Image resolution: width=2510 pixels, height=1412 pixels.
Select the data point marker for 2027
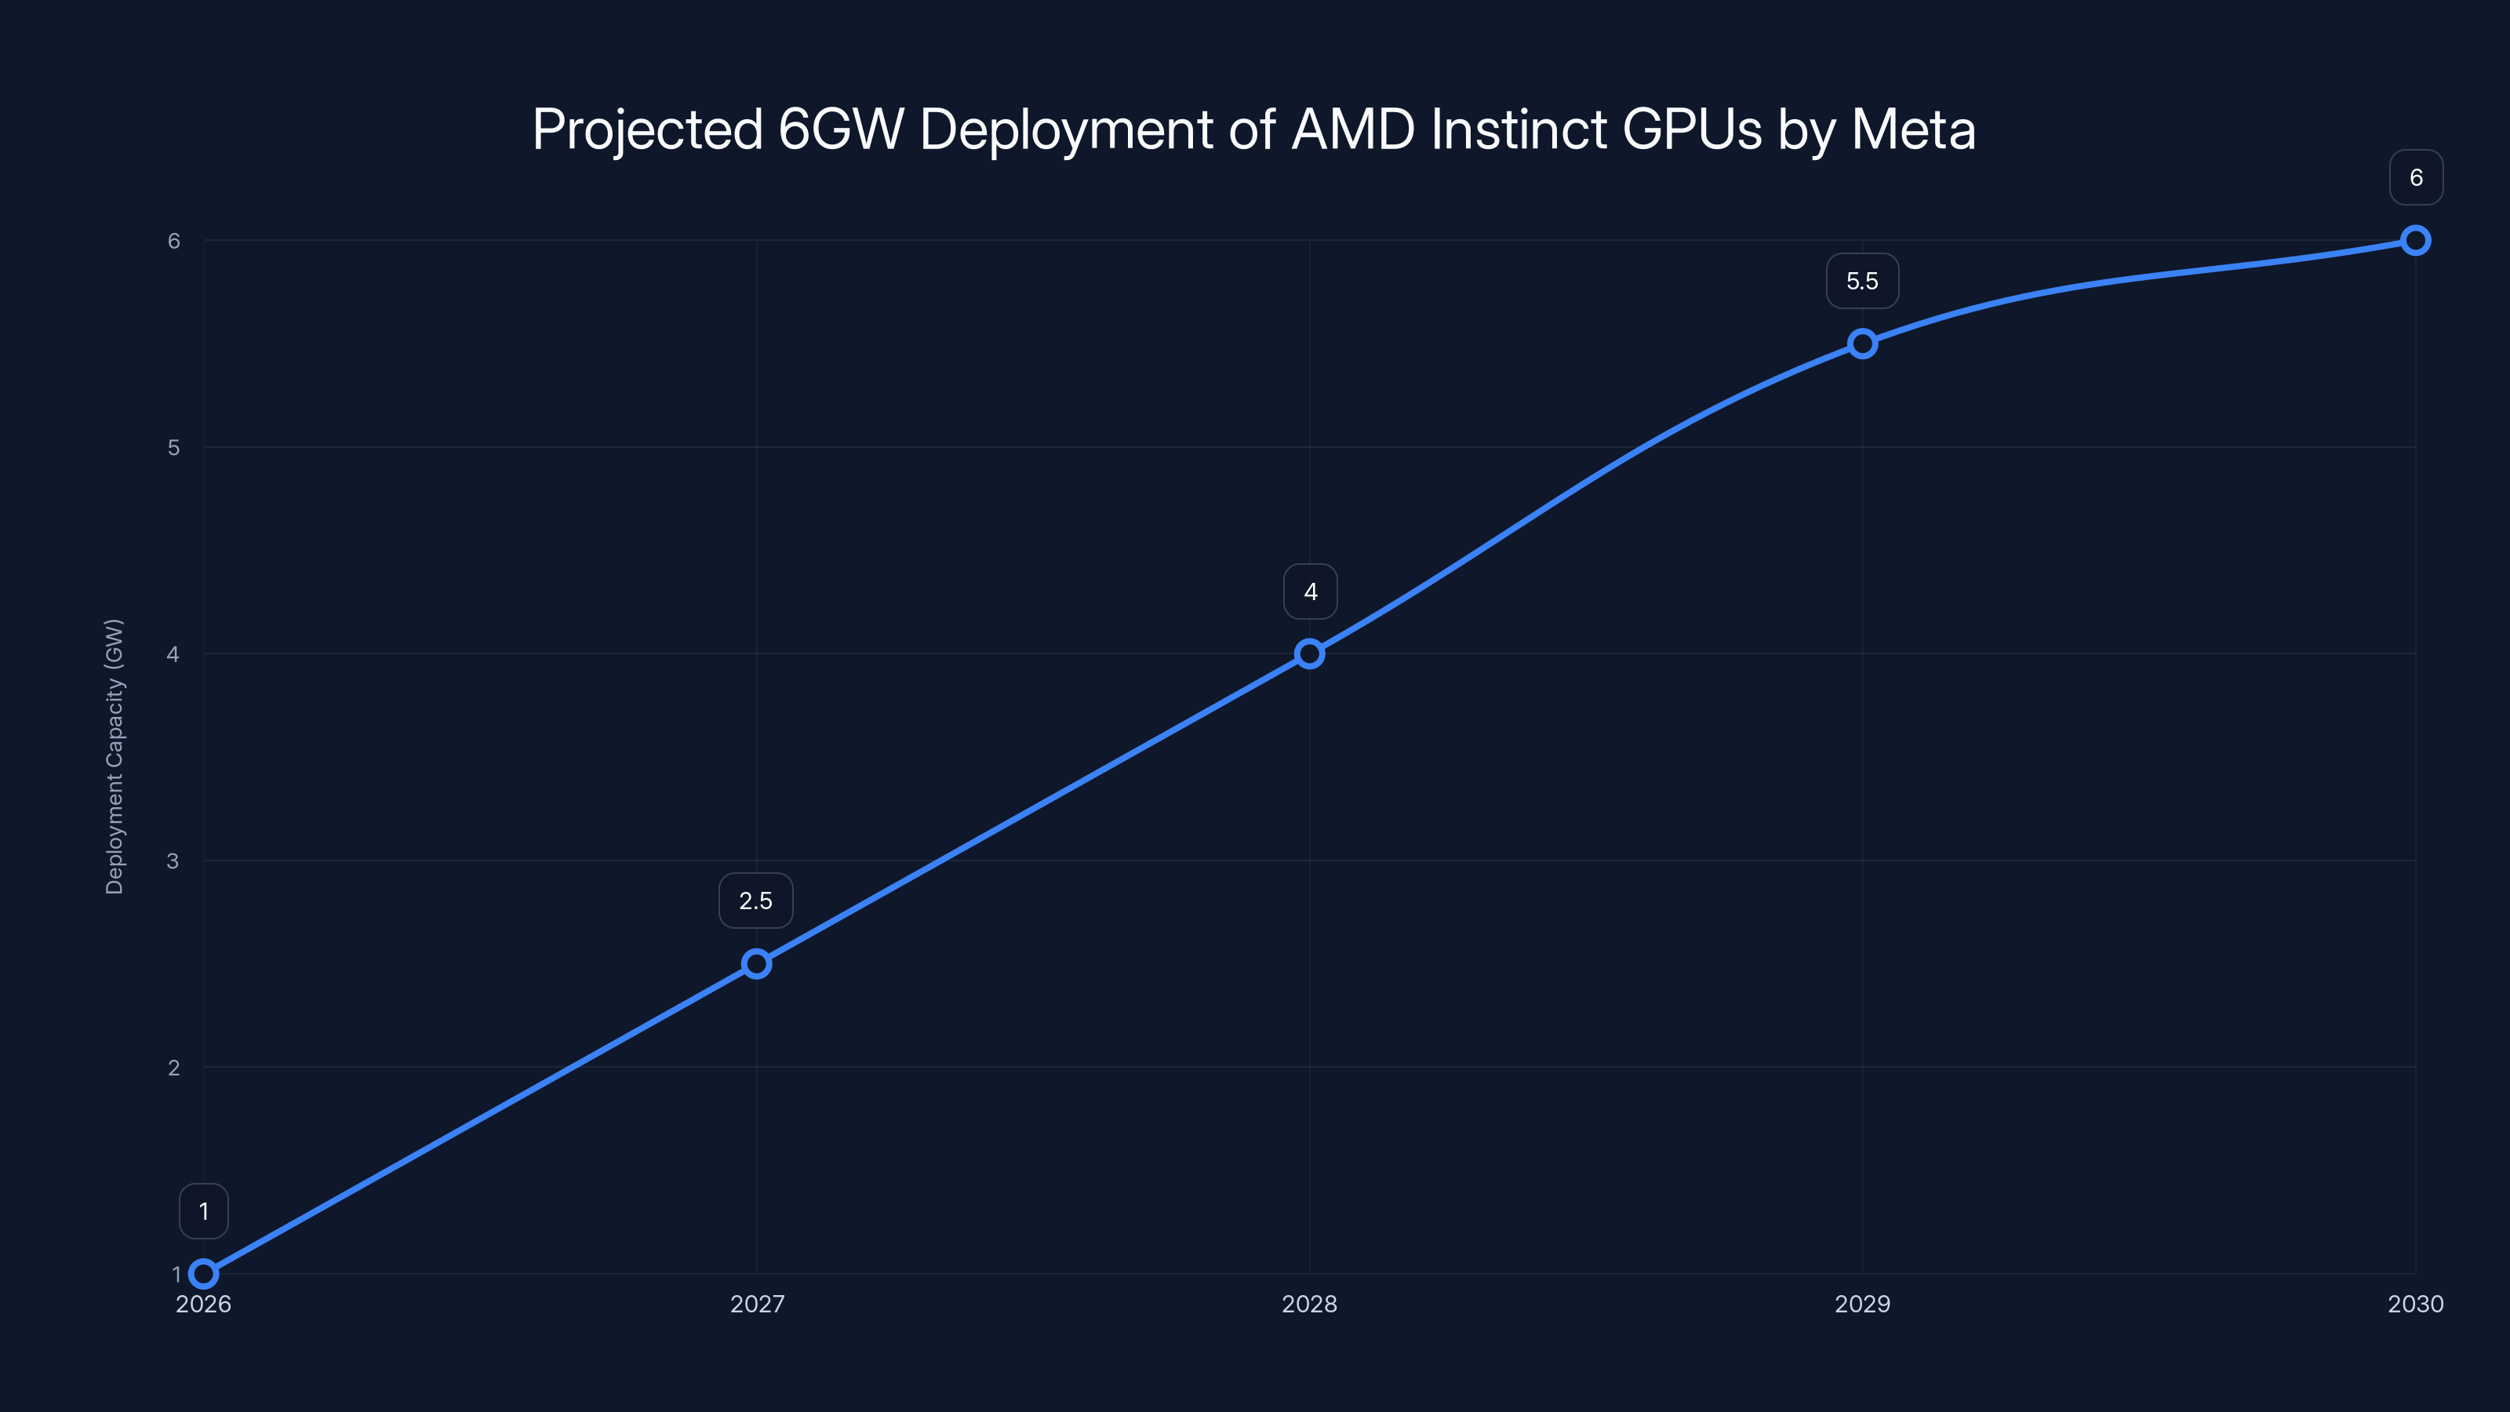point(756,964)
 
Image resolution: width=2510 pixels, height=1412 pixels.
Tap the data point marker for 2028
point(1310,654)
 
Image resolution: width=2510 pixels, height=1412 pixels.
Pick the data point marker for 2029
point(1862,343)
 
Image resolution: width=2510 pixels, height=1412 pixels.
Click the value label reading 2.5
point(755,901)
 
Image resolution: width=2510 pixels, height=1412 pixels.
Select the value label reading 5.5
point(1861,281)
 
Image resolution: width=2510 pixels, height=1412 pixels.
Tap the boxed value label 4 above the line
point(1310,591)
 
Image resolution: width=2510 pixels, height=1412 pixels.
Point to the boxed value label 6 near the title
point(2416,177)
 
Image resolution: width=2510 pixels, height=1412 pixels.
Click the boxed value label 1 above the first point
point(204,1211)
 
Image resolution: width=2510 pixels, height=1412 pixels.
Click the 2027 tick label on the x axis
point(756,1304)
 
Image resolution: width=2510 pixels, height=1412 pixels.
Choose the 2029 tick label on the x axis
point(1861,1304)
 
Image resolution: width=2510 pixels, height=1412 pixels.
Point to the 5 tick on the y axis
point(173,447)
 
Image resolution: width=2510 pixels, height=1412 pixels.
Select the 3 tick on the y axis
point(173,861)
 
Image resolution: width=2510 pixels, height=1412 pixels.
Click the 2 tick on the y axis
point(173,1067)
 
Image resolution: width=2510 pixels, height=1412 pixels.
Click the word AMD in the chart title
point(1352,129)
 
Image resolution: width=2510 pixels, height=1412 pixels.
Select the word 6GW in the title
point(841,129)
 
